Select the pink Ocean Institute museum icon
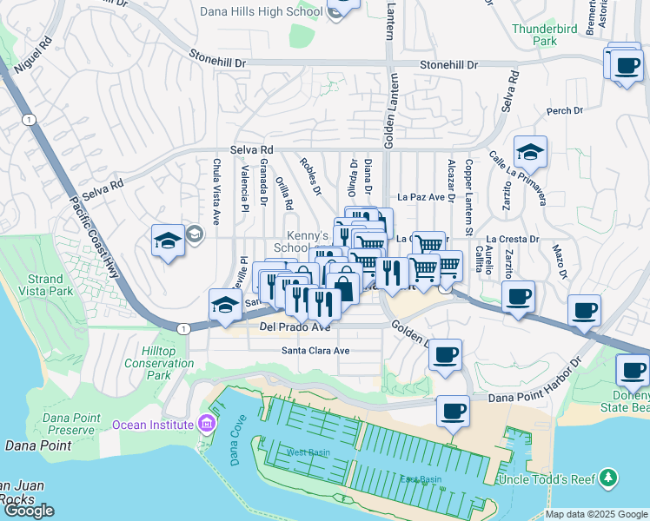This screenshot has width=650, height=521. (206, 425)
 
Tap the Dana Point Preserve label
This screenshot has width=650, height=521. (56, 424)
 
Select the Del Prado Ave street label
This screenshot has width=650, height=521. (295, 327)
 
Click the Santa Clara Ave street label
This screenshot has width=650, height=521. (315, 351)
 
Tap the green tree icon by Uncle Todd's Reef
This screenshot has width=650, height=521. (609, 478)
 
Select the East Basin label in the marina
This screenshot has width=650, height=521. (416, 479)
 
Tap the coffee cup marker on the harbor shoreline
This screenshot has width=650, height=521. (453, 411)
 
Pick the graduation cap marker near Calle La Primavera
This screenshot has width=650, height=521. (529, 153)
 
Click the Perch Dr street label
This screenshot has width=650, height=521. (564, 111)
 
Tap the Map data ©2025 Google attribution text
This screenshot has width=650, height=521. (596, 514)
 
